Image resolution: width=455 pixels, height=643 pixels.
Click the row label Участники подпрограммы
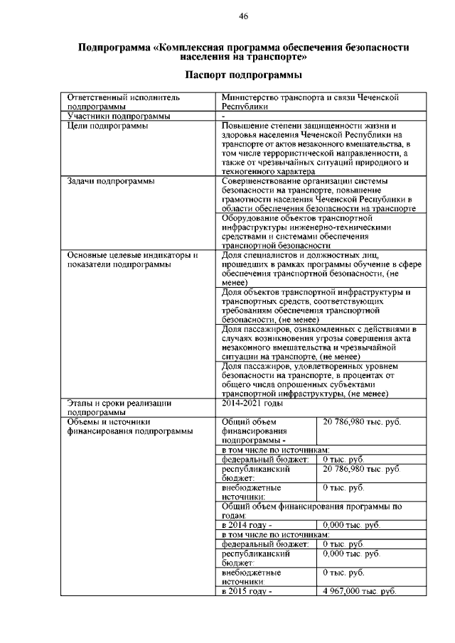click(109, 116)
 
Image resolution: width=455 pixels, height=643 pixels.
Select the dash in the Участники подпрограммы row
click(223, 116)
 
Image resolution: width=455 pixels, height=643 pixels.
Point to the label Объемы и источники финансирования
click(129, 426)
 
